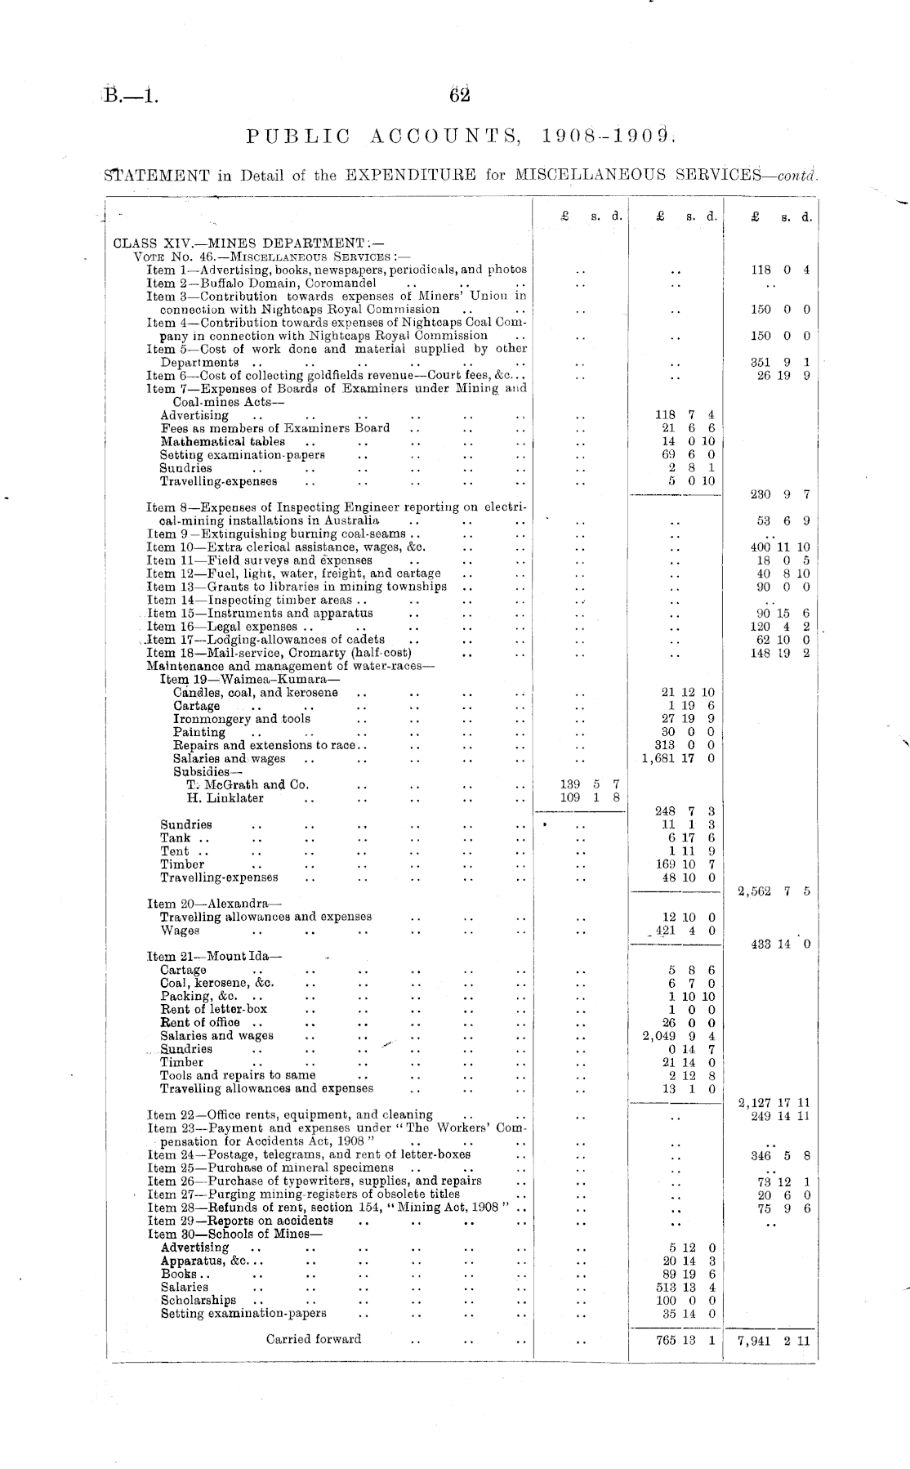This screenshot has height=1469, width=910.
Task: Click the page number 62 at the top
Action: [x=460, y=96]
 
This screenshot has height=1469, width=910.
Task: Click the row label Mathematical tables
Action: [x=222, y=441]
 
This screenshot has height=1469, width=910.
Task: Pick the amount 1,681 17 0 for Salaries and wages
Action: [x=679, y=758]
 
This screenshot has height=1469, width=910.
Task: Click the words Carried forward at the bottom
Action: [x=314, y=1339]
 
